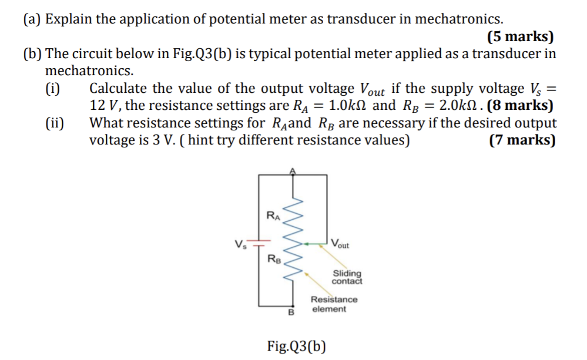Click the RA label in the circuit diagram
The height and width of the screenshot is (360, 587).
[273, 216]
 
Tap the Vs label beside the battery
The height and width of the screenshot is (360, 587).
[240, 244]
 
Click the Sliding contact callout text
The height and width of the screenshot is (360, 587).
[347, 277]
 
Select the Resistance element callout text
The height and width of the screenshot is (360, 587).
[334, 304]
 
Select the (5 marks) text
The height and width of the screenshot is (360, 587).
[521, 37]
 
